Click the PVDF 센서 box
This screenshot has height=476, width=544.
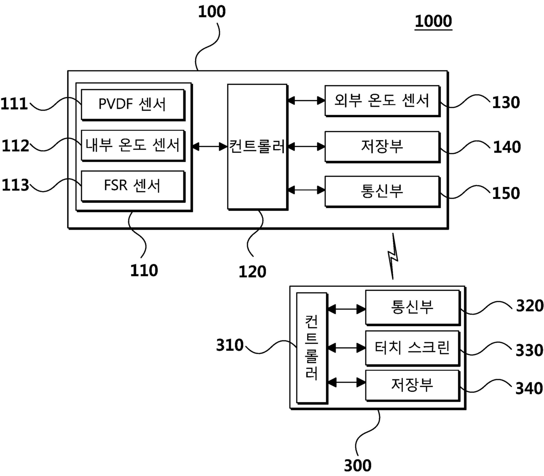pyautogui.click(x=132, y=105)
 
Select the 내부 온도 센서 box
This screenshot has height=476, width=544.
pyautogui.click(x=132, y=145)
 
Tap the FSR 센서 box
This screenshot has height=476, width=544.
pyautogui.click(x=132, y=186)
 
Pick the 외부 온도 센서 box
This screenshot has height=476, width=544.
pyautogui.click(x=382, y=101)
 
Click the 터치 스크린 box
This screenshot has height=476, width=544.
pyautogui.click(x=412, y=348)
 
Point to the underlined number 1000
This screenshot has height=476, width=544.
pyautogui.click(x=433, y=21)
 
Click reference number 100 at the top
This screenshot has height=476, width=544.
pyautogui.click(x=211, y=12)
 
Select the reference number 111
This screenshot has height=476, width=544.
pyautogui.click(x=14, y=104)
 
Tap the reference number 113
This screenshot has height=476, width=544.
pyautogui.click(x=15, y=185)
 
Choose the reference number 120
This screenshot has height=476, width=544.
pyautogui.click(x=252, y=272)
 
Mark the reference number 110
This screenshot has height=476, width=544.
pyautogui.click(x=144, y=270)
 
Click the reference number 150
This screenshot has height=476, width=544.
pyautogui.click(x=506, y=193)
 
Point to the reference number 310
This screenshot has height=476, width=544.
pyautogui.click(x=230, y=345)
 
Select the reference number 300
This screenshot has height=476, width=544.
pyautogui.click(x=358, y=465)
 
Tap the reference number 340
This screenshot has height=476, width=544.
pyautogui.click(x=529, y=388)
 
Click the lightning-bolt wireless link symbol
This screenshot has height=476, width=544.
pyautogui.click(x=393, y=256)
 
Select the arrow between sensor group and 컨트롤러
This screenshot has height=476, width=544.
pyautogui.click(x=210, y=146)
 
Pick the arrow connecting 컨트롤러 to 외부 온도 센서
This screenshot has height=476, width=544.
pyautogui.click(x=306, y=101)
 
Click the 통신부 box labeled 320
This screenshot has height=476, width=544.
pyautogui.click(x=412, y=307)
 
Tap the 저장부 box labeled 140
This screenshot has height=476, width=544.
pyautogui.click(x=382, y=147)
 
